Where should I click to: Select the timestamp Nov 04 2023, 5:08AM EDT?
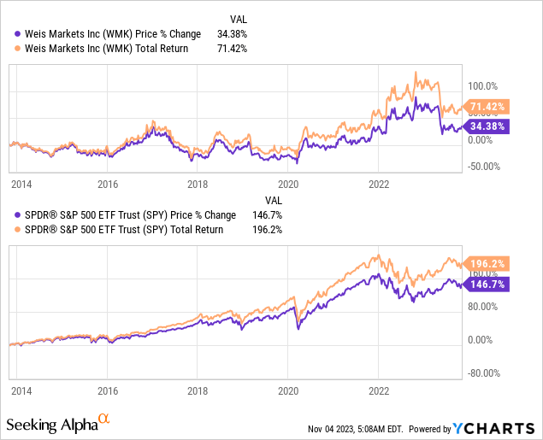pyautogui.click(x=354, y=429)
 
